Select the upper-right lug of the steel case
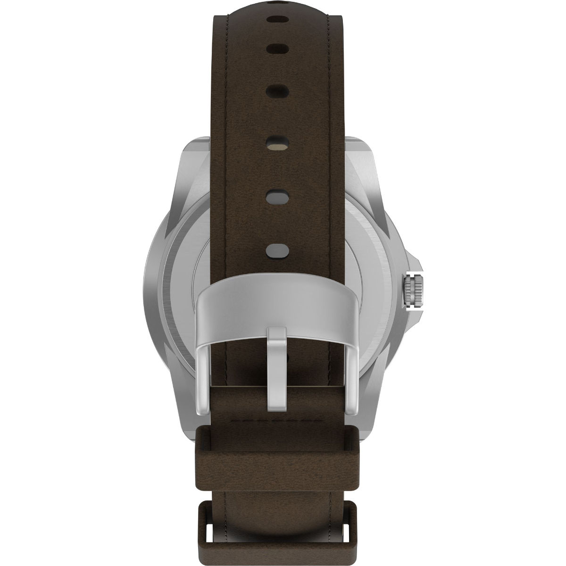tap(363, 160)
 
